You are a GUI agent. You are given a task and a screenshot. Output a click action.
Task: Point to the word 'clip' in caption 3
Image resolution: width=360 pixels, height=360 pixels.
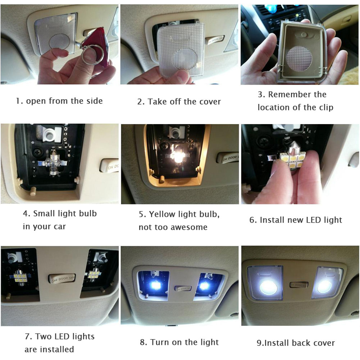point(326,108)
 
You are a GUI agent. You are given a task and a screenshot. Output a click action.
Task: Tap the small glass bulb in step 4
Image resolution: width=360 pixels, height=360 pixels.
point(53,163)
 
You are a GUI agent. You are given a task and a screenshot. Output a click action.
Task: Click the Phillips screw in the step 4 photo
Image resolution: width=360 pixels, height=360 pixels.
point(37,152)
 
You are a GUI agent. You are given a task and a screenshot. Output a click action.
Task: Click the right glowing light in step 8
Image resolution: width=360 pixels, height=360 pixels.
point(204,286)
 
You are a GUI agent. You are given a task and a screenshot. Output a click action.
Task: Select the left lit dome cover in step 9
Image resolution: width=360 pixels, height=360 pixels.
point(265,283)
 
